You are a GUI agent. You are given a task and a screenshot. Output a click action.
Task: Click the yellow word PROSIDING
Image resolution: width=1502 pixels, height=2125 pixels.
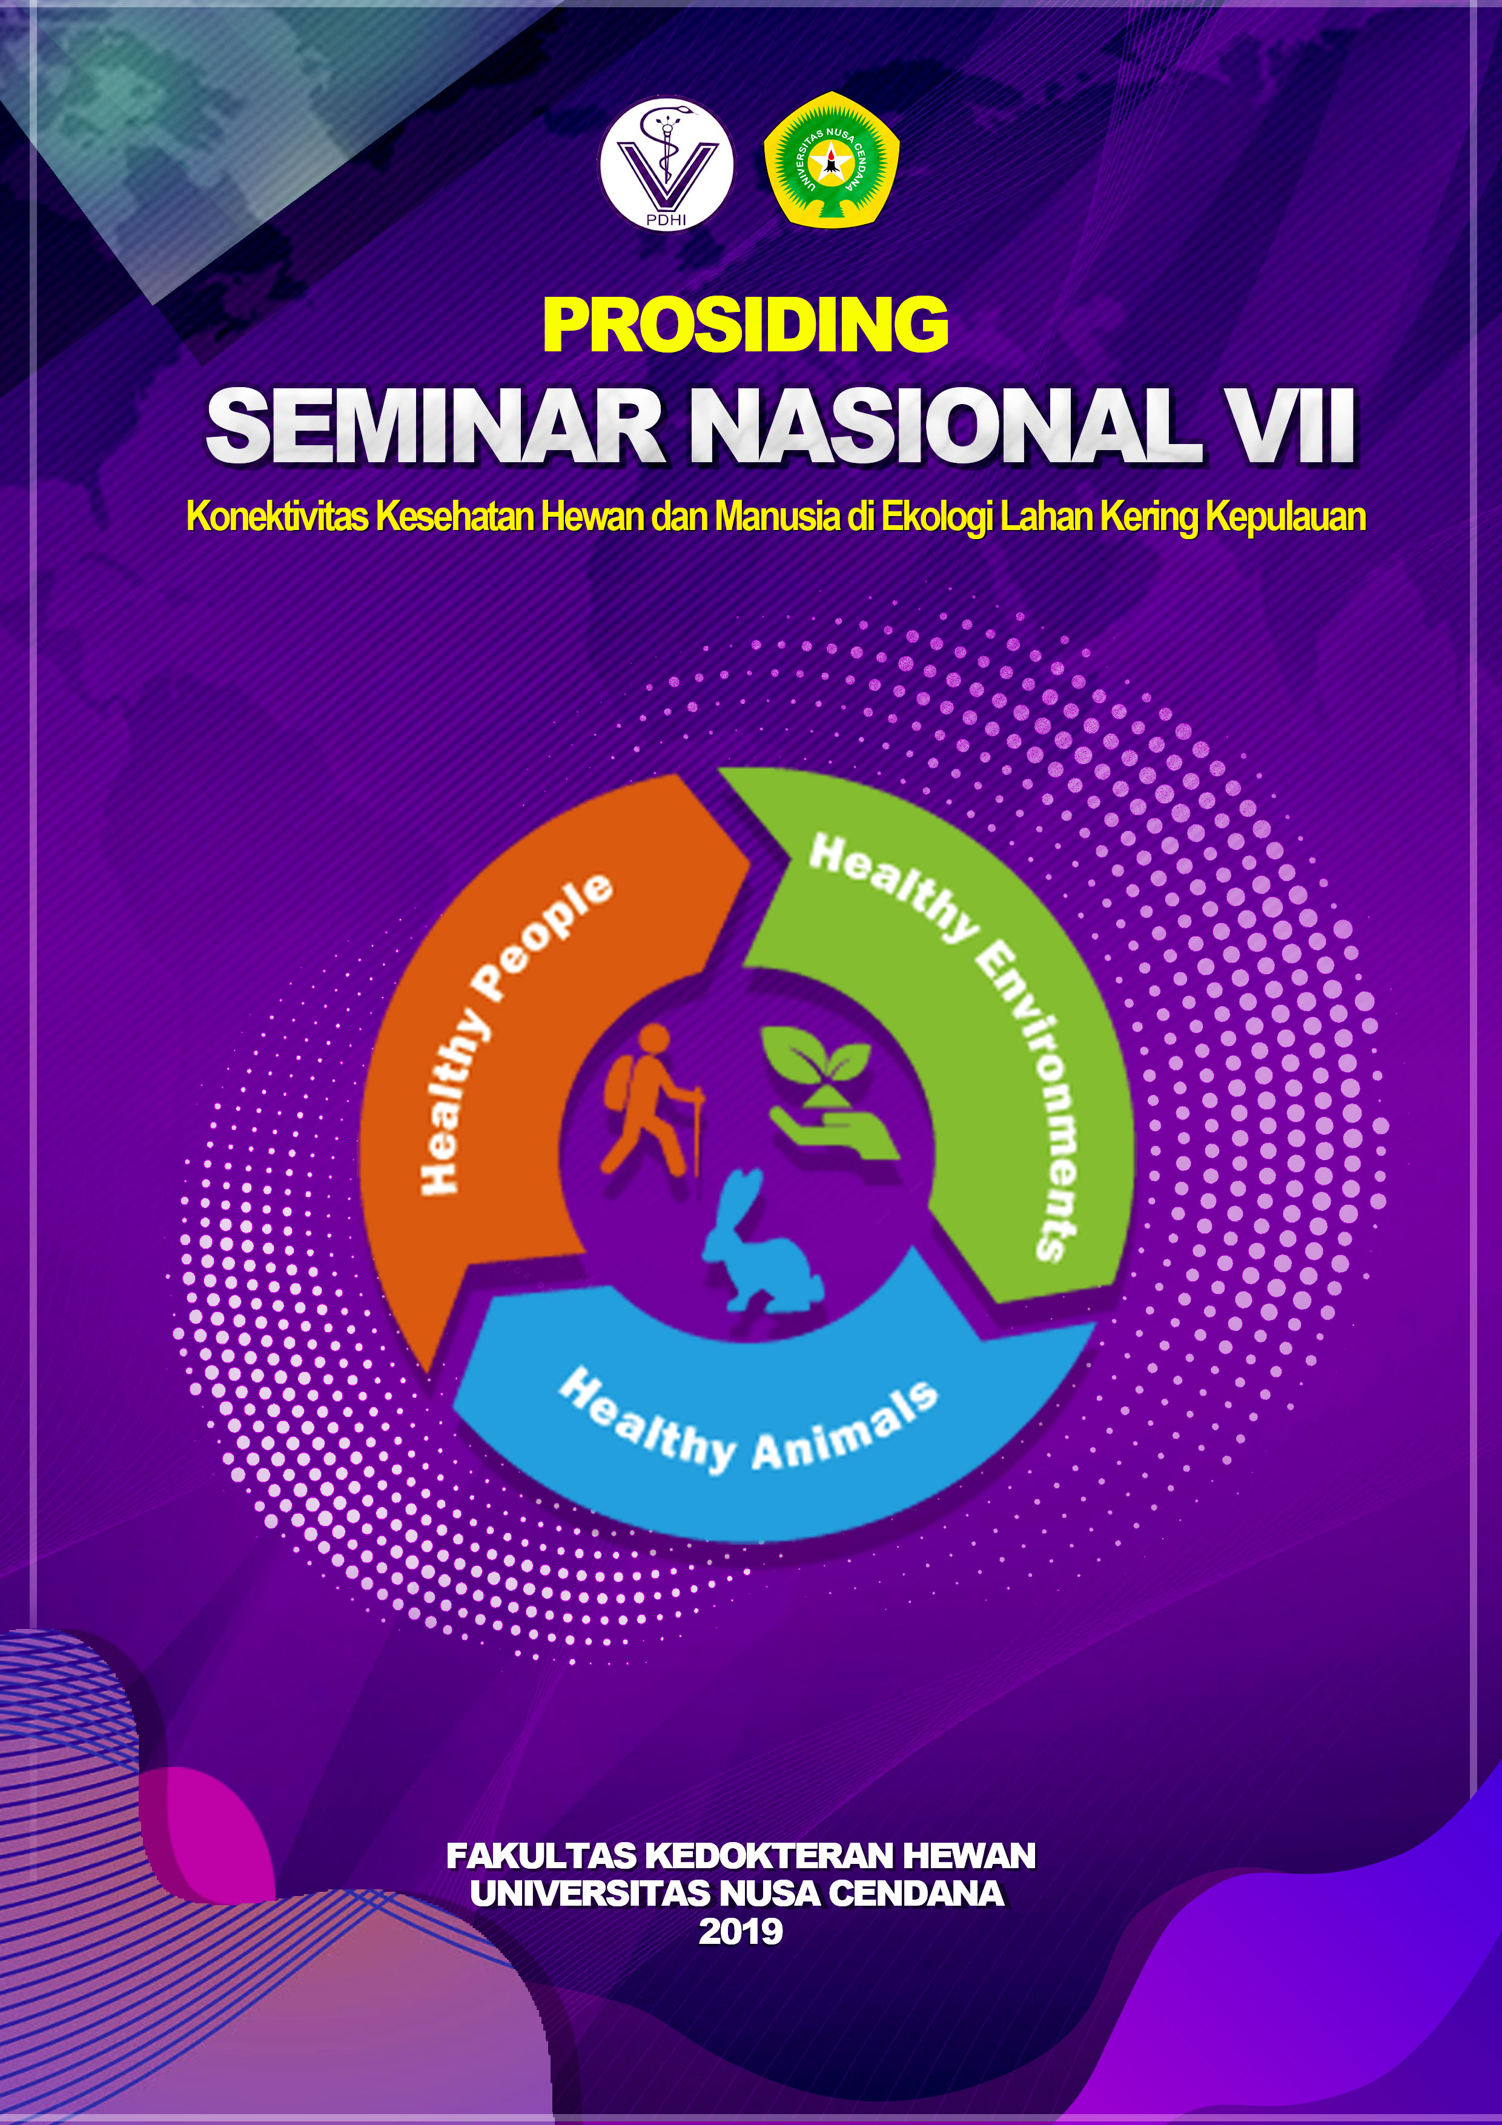[x=746, y=324]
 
